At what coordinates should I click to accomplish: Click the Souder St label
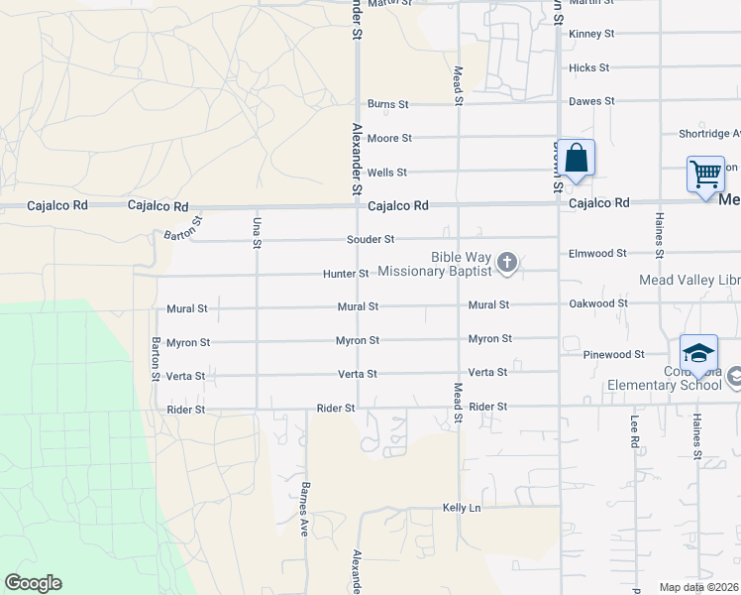[x=370, y=240]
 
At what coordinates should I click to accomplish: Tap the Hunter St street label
[x=346, y=274]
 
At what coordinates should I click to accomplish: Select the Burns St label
[x=388, y=104]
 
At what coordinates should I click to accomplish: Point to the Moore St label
[x=389, y=139]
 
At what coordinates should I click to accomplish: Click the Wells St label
[x=387, y=173]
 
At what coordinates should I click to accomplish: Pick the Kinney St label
[x=591, y=34]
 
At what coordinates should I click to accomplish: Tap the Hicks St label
[x=588, y=68]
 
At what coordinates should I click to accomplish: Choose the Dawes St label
[x=591, y=101]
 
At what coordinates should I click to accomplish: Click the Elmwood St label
[x=597, y=254]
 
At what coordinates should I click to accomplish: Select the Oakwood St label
[x=597, y=303]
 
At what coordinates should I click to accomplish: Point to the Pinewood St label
[x=612, y=354]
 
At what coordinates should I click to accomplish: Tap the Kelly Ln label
[x=462, y=508]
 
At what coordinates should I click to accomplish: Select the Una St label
[x=257, y=231]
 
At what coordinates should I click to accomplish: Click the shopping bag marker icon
[x=576, y=158]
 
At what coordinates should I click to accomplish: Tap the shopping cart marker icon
[x=706, y=174]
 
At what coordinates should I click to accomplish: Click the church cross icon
[x=507, y=263]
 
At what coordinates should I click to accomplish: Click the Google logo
[x=33, y=583]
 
